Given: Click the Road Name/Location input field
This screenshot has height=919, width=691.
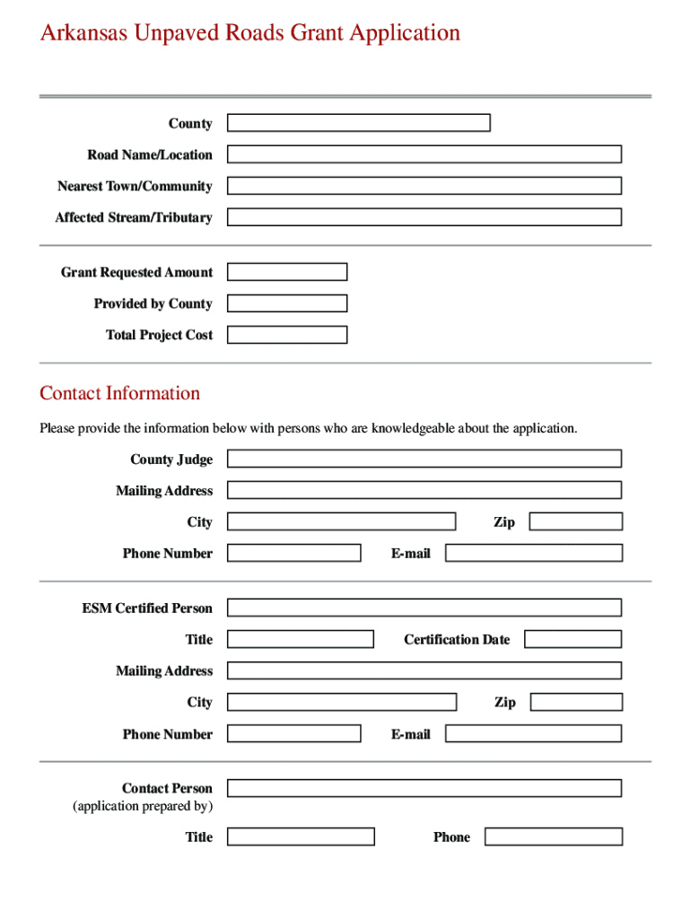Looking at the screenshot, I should [x=424, y=154].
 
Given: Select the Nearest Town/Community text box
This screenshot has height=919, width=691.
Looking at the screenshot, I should [x=424, y=186].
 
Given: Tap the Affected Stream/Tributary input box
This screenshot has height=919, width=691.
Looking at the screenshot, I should [x=424, y=217].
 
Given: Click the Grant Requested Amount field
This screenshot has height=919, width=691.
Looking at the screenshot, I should [x=287, y=272].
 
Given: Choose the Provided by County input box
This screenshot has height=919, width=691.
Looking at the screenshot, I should [x=287, y=303].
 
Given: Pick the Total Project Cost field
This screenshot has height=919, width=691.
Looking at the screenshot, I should [x=287, y=335].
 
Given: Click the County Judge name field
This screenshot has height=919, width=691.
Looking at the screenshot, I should [x=424, y=459].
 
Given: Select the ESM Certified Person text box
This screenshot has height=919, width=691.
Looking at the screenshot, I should [x=424, y=608].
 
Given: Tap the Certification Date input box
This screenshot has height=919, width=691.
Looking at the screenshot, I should [x=573, y=639].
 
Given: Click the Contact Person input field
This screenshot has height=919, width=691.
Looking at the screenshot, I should [x=424, y=788].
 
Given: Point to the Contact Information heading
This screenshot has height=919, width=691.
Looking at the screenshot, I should [x=119, y=393].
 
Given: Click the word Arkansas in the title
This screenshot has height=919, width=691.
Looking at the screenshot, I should [x=83, y=33].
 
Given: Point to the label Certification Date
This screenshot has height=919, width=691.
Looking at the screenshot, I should [x=456, y=640].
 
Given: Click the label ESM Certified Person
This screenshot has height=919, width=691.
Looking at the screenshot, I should [x=147, y=608].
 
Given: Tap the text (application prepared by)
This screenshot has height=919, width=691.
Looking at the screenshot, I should [x=143, y=806].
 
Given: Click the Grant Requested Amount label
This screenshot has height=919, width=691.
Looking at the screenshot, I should [x=136, y=273].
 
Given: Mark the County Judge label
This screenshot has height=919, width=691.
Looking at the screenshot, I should [x=171, y=459].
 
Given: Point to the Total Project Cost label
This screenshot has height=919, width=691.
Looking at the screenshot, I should [x=159, y=336].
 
